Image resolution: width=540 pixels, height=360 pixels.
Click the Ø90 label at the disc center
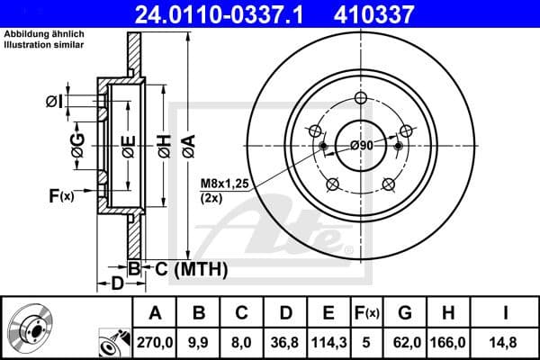coord(361,146)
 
